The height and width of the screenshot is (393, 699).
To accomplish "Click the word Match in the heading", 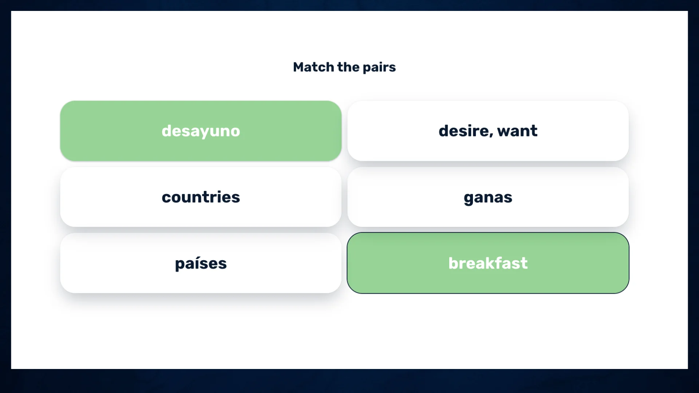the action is (x=313, y=67).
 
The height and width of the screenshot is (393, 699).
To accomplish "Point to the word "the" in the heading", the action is (x=348, y=67).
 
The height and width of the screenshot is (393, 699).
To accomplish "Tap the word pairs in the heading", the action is (x=379, y=68).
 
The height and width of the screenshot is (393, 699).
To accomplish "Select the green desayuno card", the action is (x=201, y=131).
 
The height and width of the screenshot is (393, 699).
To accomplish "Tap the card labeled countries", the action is (x=201, y=197).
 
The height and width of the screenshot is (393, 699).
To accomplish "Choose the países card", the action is (x=201, y=263).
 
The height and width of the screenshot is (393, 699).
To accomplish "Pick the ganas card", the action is (x=488, y=197).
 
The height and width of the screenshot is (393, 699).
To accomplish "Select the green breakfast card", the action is (x=488, y=263).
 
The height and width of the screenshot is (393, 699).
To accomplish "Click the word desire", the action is (x=464, y=131).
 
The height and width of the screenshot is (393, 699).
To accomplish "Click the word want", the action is (x=517, y=131).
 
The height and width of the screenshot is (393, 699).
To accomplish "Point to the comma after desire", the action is (x=491, y=136).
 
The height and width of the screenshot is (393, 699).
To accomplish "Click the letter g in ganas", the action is (x=469, y=199).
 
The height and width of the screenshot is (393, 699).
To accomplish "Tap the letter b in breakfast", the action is (x=454, y=263).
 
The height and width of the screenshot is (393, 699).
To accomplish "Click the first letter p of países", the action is (x=180, y=265).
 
